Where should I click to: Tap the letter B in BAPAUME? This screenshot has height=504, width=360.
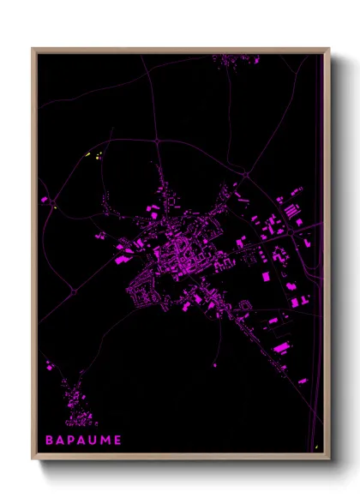[x=50, y=439]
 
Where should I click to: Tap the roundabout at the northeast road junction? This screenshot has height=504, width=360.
[x=245, y=176]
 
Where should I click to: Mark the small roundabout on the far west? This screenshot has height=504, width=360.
[x=74, y=291]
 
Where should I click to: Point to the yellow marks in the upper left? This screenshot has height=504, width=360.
[x=94, y=155]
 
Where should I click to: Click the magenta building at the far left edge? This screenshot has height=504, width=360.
[x=45, y=200]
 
